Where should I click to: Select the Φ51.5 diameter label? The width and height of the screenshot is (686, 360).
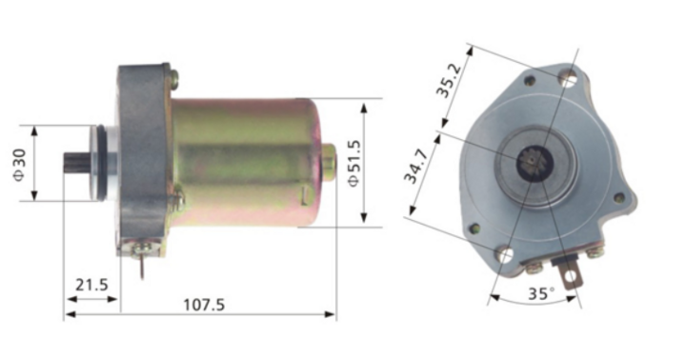(x=354, y=162)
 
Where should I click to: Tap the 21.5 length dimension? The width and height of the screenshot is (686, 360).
(x=91, y=284)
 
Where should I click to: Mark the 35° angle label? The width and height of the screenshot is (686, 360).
(x=539, y=294)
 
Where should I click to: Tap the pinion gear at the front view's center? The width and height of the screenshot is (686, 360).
(x=530, y=163)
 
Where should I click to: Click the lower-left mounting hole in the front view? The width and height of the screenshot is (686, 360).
(x=505, y=254)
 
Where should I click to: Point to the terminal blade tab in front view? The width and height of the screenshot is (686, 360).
(x=571, y=277)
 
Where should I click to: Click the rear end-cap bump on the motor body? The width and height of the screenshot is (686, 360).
(x=329, y=162)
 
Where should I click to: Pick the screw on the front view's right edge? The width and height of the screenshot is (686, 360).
(x=618, y=198)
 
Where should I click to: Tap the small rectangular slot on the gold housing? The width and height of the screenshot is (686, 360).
(x=303, y=196)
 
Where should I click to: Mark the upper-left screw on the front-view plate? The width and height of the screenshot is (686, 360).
(x=530, y=82)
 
